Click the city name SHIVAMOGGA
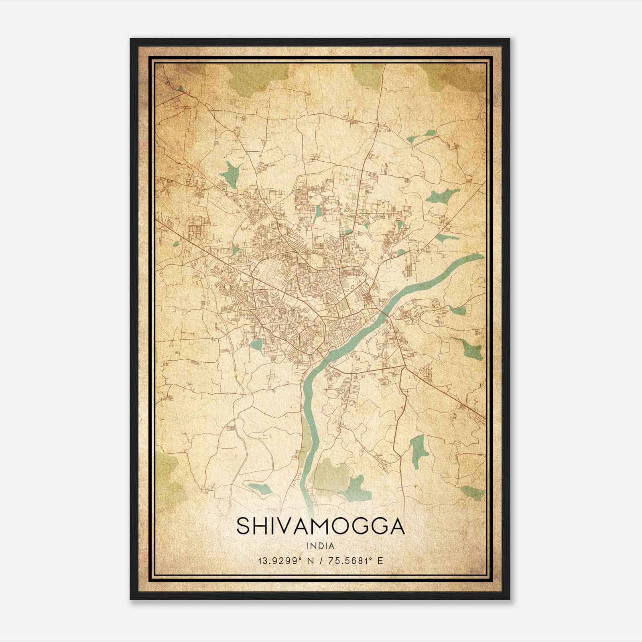[320, 526]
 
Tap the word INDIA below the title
[320, 546]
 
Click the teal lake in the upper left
[232, 173]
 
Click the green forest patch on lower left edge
[167, 477]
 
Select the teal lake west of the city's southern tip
[257, 344]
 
